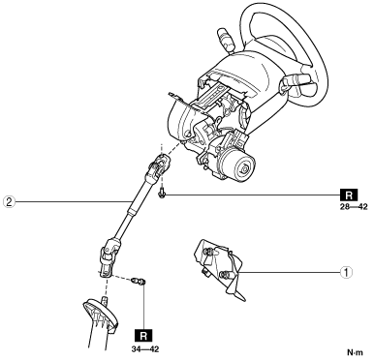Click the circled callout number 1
[347, 273]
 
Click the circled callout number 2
[9, 202]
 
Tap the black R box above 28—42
[349, 195]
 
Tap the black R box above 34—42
[143, 337]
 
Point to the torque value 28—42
[354, 207]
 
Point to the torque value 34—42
[145, 349]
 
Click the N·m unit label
[356, 352]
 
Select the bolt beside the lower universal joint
[140, 282]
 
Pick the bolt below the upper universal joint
[161, 194]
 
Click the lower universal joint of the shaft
[109, 256]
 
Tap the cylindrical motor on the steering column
[238, 163]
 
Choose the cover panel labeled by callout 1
[219, 269]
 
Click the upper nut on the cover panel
[209, 251]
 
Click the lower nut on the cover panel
[224, 275]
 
